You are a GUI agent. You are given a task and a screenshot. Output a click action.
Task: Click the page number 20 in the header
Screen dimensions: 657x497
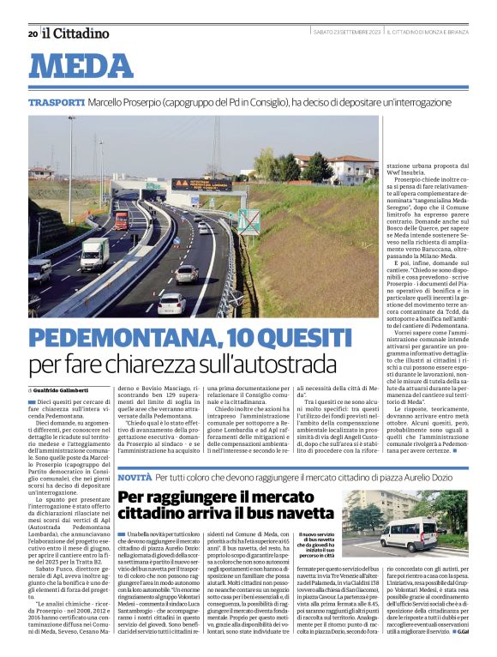pos(33,33)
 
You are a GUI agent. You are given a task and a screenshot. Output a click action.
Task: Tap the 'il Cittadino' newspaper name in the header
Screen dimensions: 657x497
pos(76,33)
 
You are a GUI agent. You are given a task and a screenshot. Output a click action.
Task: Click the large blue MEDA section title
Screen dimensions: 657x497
pos(87,66)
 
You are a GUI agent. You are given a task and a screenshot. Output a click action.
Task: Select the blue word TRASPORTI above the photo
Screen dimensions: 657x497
pos(57,102)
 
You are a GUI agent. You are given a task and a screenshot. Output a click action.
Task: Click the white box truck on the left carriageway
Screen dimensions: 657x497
pos(94,254)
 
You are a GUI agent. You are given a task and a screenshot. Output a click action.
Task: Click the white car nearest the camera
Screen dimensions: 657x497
pos(171,304)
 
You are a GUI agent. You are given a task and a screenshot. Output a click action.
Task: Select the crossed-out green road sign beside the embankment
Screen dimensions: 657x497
pos(248,221)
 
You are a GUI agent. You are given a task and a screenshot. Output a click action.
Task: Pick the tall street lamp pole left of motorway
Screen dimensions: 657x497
pos(72,172)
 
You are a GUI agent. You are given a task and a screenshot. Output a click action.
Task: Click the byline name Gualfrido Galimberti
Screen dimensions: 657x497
pos(68,391)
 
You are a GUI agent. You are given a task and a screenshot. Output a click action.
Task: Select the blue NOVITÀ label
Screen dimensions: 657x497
pos(135,475)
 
